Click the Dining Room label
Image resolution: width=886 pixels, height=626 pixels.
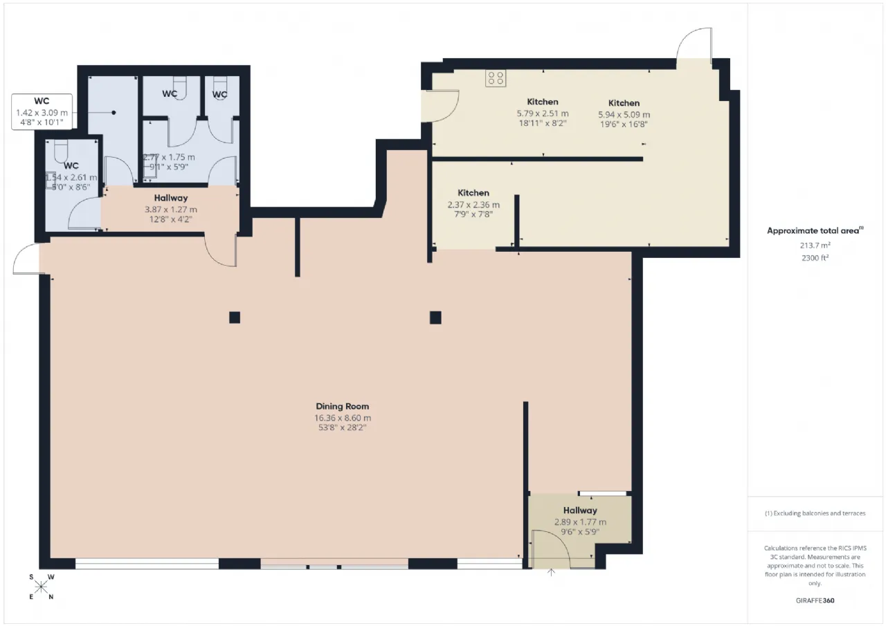342,406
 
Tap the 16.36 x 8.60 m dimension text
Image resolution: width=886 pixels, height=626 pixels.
343,418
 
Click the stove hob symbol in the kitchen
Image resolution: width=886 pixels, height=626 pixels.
496,78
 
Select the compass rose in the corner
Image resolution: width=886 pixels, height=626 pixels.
41,587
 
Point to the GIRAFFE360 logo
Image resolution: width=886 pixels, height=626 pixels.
815,600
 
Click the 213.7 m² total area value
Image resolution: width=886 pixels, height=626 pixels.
815,246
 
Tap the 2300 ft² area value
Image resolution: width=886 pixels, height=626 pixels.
815,258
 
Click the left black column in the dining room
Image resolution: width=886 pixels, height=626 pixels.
235,317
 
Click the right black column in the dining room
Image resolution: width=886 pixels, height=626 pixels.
435,317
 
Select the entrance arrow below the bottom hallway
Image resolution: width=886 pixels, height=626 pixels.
551,572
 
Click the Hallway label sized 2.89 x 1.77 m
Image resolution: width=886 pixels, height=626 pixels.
580,510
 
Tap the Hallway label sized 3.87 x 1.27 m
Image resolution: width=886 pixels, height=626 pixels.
171,198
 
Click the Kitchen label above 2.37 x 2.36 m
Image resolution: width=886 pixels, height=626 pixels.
473,193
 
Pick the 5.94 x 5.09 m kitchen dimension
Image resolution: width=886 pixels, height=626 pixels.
624,115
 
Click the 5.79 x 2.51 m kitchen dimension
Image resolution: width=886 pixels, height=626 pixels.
542,113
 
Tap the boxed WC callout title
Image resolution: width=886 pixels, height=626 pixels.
42,101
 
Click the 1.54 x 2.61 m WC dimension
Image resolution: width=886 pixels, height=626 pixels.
71,178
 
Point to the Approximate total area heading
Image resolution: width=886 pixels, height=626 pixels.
815,231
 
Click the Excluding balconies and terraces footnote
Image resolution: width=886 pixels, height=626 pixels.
815,513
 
